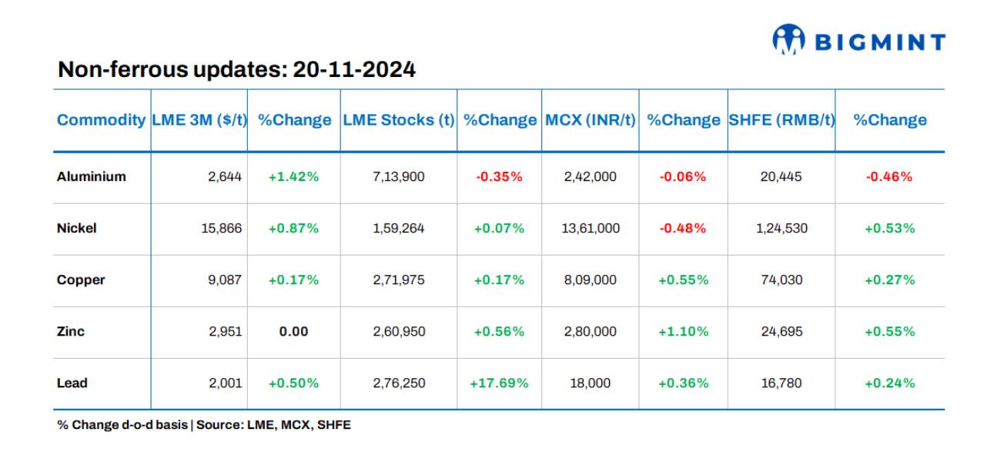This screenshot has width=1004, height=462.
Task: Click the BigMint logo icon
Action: point(788,40)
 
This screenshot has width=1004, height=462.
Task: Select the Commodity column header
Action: point(101,120)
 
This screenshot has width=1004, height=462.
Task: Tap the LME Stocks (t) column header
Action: point(398,120)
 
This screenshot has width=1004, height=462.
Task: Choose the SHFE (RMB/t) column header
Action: point(781,120)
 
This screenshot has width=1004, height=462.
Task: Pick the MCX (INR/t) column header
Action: point(591,120)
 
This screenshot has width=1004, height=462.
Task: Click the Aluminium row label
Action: point(91,176)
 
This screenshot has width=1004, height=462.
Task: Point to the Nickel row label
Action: point(76,228)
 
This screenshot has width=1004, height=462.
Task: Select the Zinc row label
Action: point(71,331)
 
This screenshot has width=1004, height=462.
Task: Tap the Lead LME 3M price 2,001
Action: point(225,383)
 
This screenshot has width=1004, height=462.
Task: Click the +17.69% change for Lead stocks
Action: point(499,383)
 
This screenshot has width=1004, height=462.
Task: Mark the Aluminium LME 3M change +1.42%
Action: point(293,176)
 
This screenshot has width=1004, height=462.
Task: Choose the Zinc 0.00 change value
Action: point(293,331)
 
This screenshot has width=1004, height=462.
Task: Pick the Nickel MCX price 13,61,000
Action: point(591,228)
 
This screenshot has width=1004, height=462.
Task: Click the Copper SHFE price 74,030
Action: point(781,280)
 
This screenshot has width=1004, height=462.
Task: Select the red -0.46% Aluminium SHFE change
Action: point(889,176)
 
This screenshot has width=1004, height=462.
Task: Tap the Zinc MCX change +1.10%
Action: point(683,331)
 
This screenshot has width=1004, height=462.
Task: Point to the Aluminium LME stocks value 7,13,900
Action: point(398,176)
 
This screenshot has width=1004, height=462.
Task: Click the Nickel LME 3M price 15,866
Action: point(222,228)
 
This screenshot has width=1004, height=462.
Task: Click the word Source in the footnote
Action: point(219,424)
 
